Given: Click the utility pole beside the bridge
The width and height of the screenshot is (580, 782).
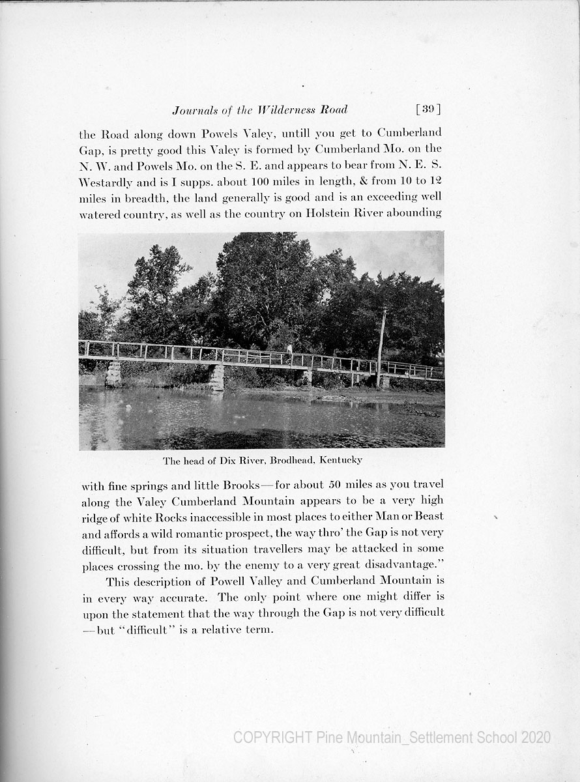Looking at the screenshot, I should [x=381, y=345].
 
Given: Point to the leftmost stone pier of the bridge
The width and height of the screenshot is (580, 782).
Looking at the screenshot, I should [x=113, y=373].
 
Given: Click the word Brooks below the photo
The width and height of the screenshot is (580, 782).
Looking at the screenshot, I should [x=241, y=485].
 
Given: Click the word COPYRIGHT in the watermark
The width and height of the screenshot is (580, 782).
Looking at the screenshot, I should [x=272, y=738].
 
